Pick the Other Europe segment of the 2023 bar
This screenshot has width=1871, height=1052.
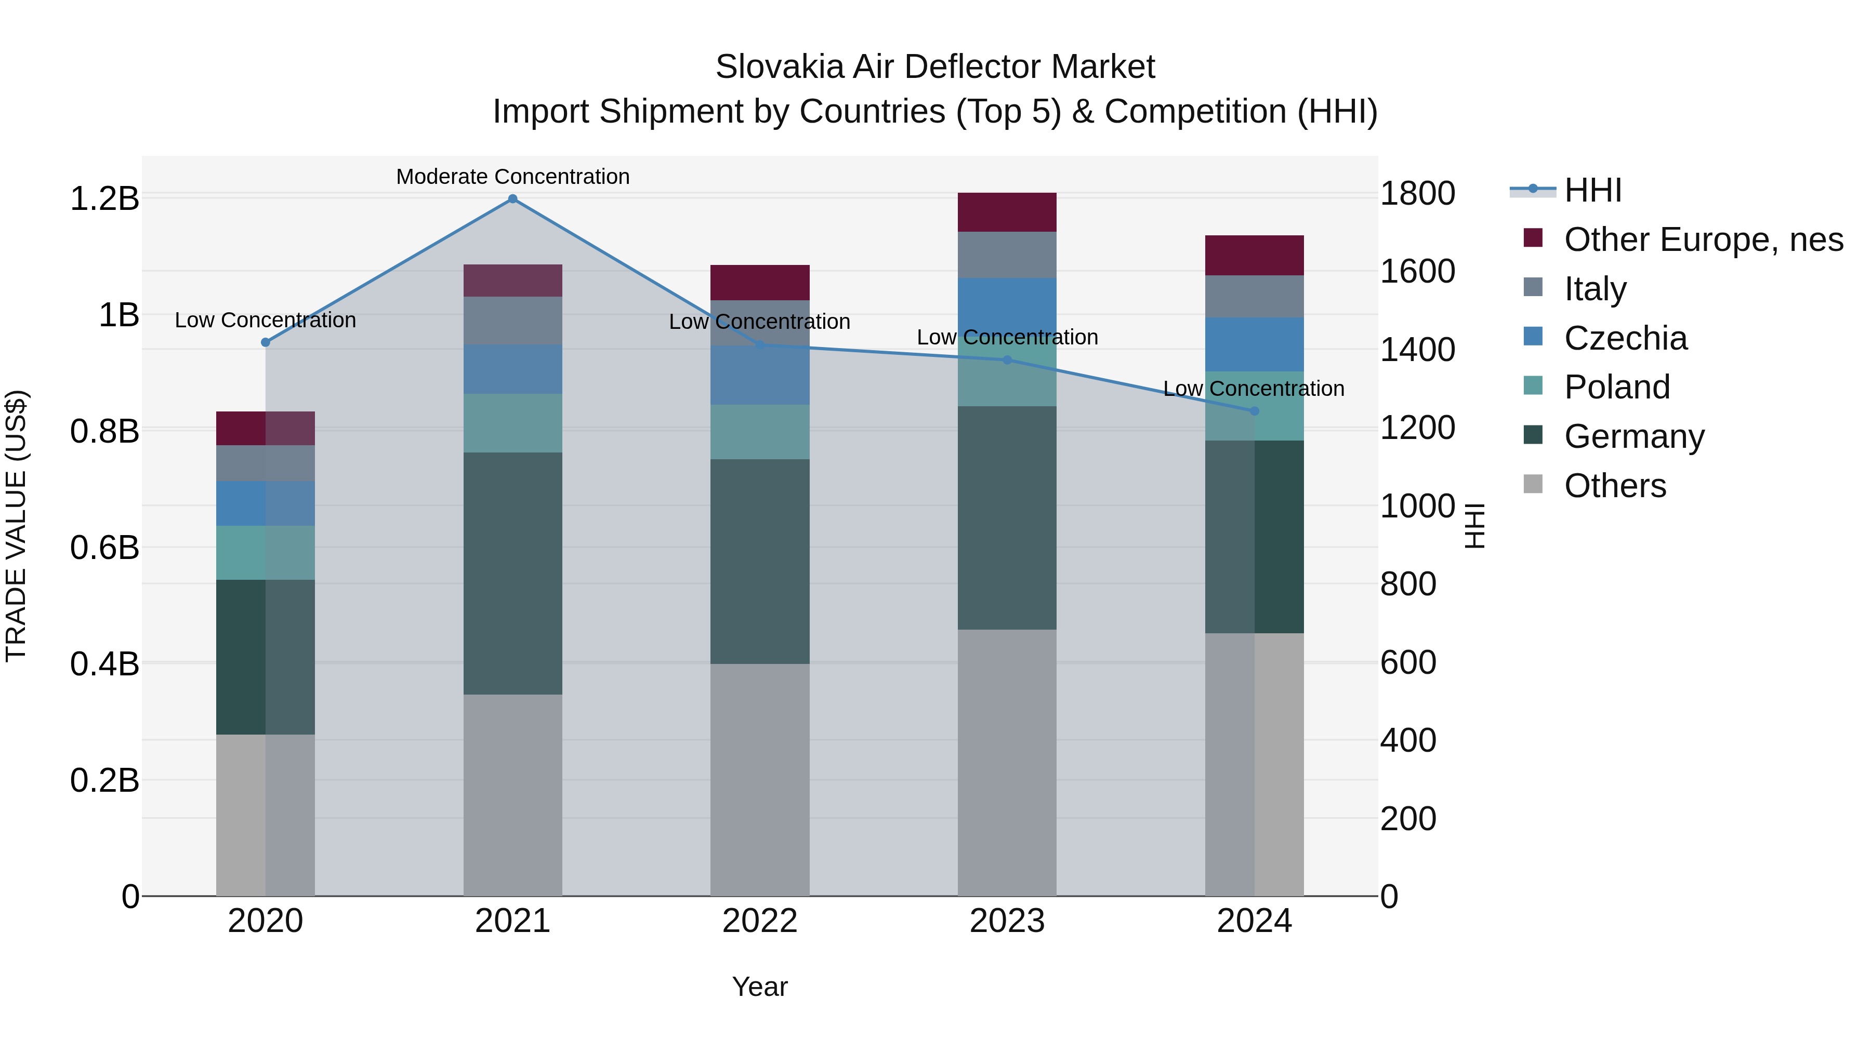pyautogui.click(x=1007, y=212)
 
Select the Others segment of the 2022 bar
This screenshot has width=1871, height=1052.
pyautogui.click(x=760, y=779)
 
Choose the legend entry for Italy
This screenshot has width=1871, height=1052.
pyautogui.click(x=1595, y=289)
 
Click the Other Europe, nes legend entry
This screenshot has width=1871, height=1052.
pyautogui.click(x=1703, y=239)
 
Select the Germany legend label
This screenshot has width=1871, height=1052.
pyautogui.click(x=1633, y=436)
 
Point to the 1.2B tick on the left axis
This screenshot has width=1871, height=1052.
pyautogui.click(x=104, y=198)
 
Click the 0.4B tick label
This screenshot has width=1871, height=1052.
pyautogui.click(x=104, y=663)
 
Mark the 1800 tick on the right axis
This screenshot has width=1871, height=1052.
pyautogui.click(x=1416, y=194)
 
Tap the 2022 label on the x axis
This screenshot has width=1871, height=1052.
pyautogui.click(x=760, y=921)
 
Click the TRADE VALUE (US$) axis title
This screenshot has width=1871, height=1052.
pyautogui.click(x=16, y=526)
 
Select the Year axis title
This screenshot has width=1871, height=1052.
pyautogui.click(x=760, y=987)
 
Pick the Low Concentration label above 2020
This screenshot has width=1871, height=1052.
pyautogui.click(x=265, y=320)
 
